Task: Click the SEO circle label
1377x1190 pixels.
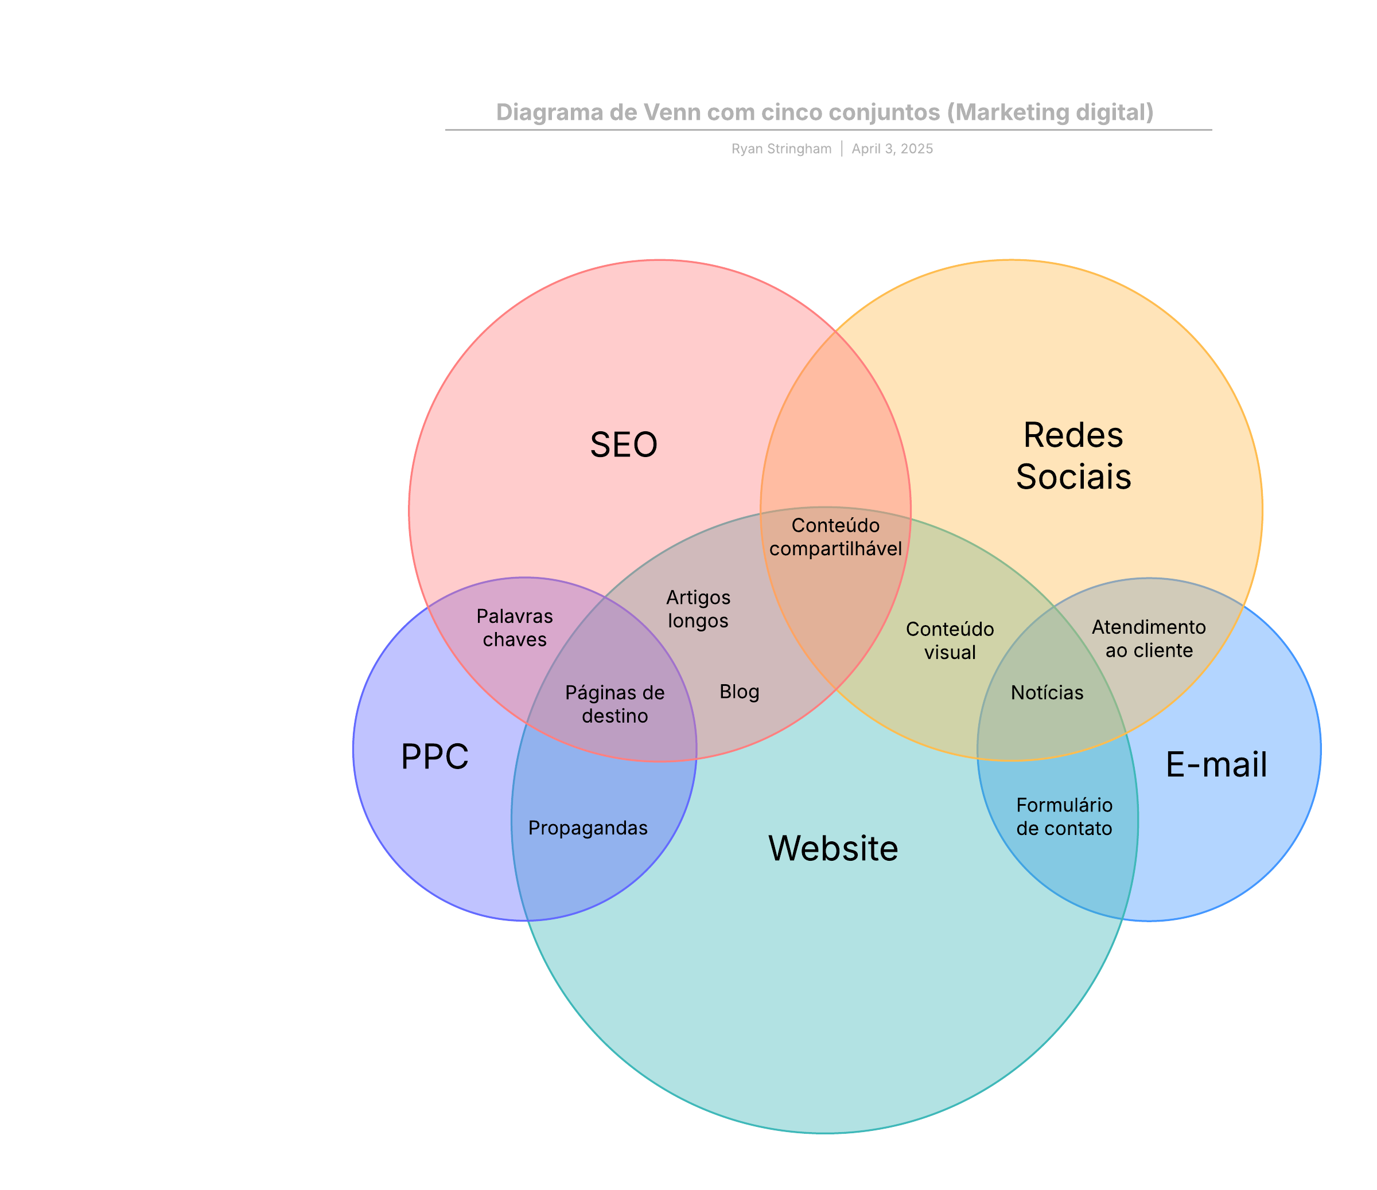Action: click(623, 444)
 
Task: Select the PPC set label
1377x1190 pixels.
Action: click(435, 757)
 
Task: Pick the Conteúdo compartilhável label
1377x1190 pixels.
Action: click(835, 537)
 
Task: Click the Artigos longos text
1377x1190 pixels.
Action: click(698, 608)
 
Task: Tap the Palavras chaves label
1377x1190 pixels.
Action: click(515, 628)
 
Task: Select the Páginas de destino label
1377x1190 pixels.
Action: click(614, 704)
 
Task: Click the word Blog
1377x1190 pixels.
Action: click(739, 692)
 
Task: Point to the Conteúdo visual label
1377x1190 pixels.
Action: click(950, 641)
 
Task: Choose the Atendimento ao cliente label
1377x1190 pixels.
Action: click(1149, 638)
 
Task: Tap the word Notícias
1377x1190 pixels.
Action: click(1047, 693)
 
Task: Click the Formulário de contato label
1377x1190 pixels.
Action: click(1064, 817)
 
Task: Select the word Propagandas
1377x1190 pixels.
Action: click(588, 828)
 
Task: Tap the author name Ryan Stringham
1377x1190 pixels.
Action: click(781, 149)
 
